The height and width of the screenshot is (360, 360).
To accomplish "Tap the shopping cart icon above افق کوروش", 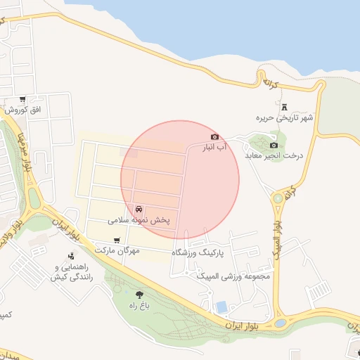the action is pos(23,99).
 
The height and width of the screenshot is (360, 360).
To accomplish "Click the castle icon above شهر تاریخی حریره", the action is pos(285,107).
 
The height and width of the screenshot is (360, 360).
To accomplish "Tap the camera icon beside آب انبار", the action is pos(214,136).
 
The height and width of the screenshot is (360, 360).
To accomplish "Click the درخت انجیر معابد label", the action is pos(275,155).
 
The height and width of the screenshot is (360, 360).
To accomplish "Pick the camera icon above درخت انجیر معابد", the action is pos(274,145).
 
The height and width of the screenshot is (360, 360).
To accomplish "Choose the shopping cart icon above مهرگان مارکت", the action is pos(117,240).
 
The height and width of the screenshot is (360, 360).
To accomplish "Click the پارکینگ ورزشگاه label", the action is pos(198,251).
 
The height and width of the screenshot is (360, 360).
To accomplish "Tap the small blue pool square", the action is pos(222,307).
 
